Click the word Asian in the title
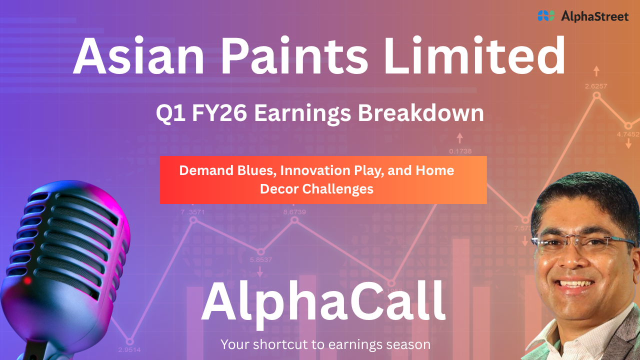pyautogui.click(x=138, y=55)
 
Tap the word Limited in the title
pyautogui.click(x=475, y=55)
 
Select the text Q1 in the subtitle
pyautogui.click(x=170, y=113)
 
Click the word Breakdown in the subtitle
pyautogui.click(x=421, y=113)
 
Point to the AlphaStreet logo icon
pyautogui.click(x=546, y=15)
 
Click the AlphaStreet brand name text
pyautogui.click(x=595, y=16)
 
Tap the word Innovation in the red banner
pyautogui.click(x=315, y=170)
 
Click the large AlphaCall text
pyautogui.click(x=323, y=303)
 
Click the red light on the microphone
pyautogui.click(x=27, y=280)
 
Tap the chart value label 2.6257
pyautogui.click(x=596, y=86)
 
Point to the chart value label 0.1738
pyautogui.click(x=460, y=151)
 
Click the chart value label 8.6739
pyautogui.click(x=294, y=212)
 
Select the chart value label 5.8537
pyautogui.click(x=261, y=259)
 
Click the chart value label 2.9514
pyautogui.click(x=129, y=349)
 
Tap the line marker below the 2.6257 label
pyautogui.click(x=596, y=95)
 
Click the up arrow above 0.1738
pyautogui.click(x=459, y=138)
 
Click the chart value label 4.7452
pyautogui.click(x=628, y=134)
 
